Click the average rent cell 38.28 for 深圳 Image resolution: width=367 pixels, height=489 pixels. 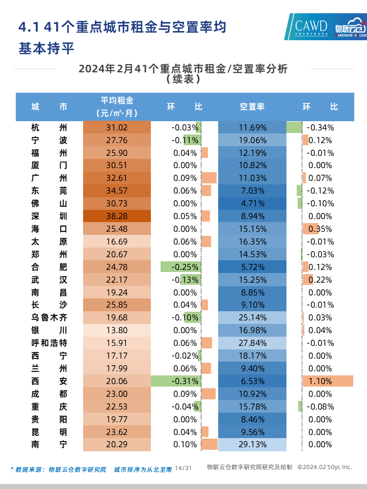tap(117, 216)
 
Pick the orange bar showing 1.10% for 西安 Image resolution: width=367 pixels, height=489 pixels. tap(327, 381)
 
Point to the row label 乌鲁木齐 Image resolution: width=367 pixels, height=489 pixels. tap(49, 317)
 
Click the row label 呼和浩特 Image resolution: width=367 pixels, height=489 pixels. tap(49, 343)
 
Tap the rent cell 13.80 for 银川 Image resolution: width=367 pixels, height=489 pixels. tap(117, 330)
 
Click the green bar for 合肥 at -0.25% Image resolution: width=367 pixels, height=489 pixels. tap(179, 266)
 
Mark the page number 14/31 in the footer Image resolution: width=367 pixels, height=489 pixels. tap(183, 468)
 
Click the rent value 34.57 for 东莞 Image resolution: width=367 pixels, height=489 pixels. tap(117, 191)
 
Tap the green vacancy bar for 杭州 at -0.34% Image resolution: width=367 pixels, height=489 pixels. tap(294, 127)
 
